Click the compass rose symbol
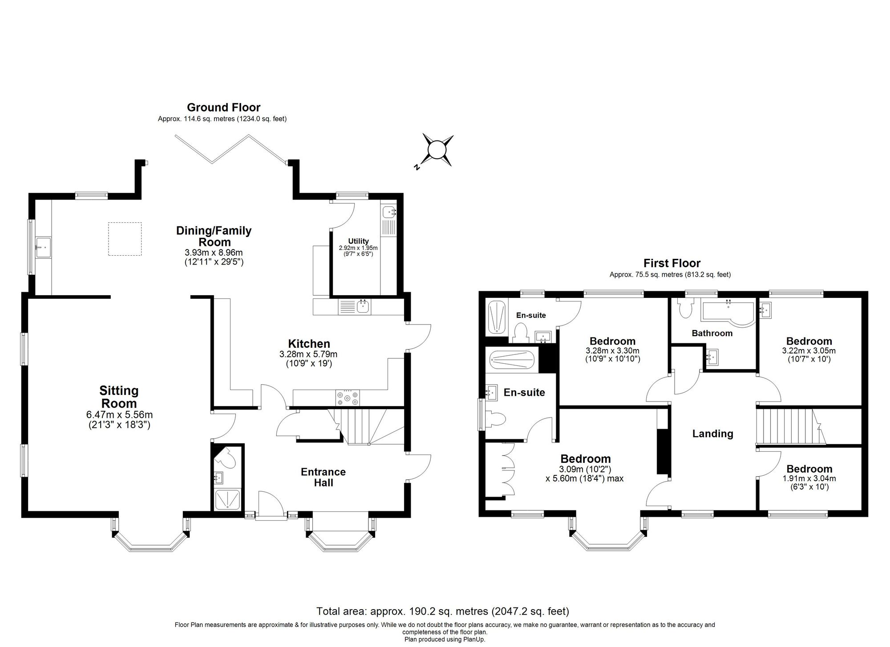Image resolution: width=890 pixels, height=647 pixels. point(437,150)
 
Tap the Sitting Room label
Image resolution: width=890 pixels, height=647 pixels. point(118,397)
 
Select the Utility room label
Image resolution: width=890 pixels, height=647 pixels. point(358,241)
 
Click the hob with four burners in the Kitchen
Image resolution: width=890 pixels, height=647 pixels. point(348,397)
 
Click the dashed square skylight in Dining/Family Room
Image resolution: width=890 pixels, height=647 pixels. point(125,239)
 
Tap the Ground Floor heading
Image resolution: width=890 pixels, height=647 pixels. point(223,107)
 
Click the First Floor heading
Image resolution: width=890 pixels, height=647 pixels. point(672,263)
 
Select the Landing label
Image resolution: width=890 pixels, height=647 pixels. point(712,434)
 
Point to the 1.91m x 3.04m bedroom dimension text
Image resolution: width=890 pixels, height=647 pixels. point(809,479)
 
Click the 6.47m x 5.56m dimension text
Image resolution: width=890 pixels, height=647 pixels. point(119,415)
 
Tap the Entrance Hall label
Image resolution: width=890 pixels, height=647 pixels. point(323,477)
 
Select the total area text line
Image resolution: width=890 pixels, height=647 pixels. point(442,611)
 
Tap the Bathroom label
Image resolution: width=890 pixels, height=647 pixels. point(712,333)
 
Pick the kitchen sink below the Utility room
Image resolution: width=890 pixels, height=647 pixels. point(363,306)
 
